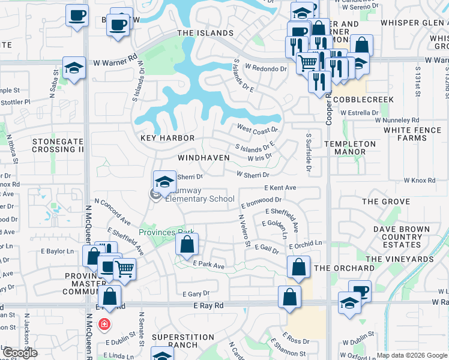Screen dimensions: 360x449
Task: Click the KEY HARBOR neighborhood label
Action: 167,138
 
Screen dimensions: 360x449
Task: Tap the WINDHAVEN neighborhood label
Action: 203,158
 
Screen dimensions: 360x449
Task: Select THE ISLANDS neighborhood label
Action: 205,33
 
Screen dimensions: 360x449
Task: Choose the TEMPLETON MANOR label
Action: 350,148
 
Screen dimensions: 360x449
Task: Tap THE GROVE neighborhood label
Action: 386,202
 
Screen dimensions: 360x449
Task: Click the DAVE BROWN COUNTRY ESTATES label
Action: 402,236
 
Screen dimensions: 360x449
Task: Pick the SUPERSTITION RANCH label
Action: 183,341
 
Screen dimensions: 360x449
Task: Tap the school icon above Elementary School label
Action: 164,181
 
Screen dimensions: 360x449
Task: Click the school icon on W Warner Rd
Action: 74,67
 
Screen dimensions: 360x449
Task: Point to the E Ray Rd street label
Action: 208,305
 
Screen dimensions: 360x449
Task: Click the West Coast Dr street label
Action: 257,128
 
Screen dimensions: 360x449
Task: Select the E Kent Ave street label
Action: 280,188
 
